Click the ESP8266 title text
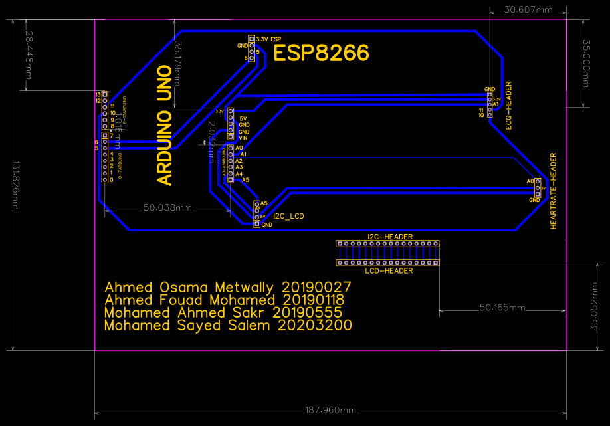coord(321,53)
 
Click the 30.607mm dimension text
coord(528,10)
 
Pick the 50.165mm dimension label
coord(502,308)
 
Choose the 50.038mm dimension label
coord(168,208)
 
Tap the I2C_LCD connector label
coord(289,216)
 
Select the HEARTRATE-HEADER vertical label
coord(554,191)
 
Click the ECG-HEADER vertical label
coord(509,105)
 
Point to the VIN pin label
coord(243,138)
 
